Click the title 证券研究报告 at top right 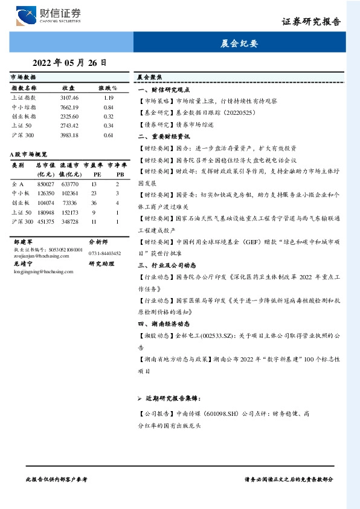[x=311, y=21]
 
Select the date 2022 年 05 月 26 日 [x=69, y=62]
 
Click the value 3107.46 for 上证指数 [x=69, y=97]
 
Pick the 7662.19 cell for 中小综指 [x=69, y=107]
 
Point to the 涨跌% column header [x=108, y=88]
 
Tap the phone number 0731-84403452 [x=104, y=253]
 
